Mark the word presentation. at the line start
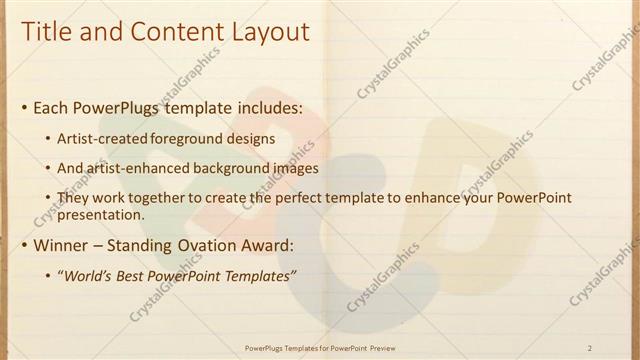pyautogui.click(x=102, y=214)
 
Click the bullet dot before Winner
pyautogui.click(x=24, y=245)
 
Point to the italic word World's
pyautogui.click(x=89, y=276)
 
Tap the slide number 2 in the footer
pyautogui.click(x=590, y=348)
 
